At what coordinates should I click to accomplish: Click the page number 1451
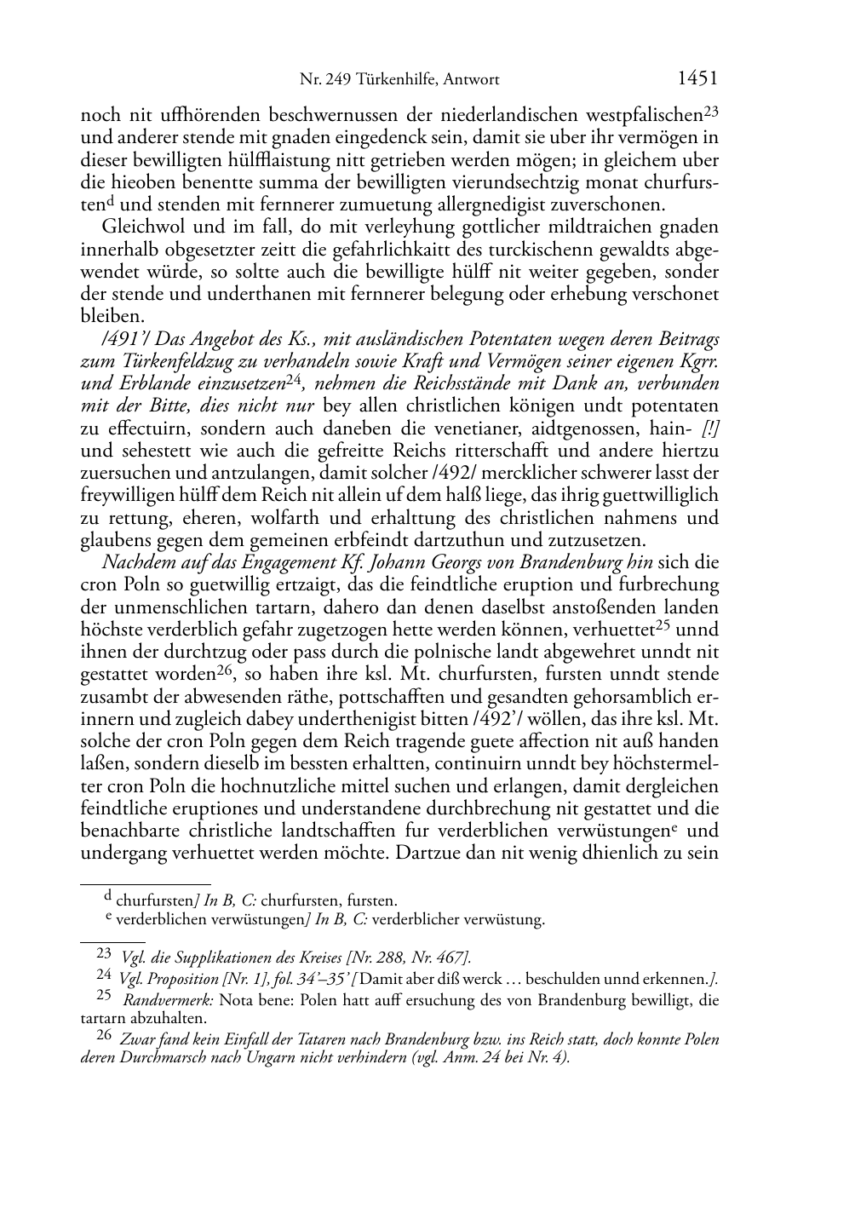pos(697,79)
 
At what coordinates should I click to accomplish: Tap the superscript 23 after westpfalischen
pos(711,111)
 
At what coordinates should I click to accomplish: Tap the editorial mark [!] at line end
pos(710,429)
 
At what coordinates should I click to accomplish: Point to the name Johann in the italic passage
pos(399,562)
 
